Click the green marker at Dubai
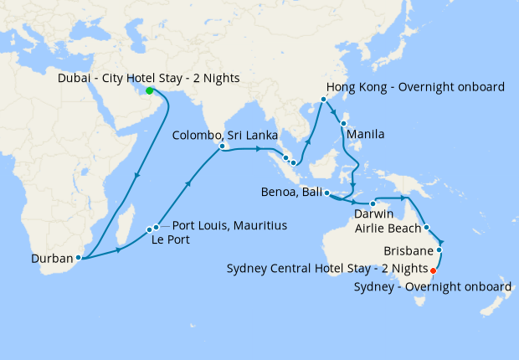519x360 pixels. pos(149,90)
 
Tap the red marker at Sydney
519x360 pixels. pos(433,270)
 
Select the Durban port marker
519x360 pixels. pos(78,258)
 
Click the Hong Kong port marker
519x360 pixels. pos(323,102)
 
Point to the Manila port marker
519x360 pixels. pos(343,124)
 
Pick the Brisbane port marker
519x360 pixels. pos(439,249)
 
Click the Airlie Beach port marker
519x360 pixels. pos(426,227)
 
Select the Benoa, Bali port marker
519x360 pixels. pos(326,194)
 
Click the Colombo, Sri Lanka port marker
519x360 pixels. pos(223,147)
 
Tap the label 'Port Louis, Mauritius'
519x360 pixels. pos(229,226)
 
